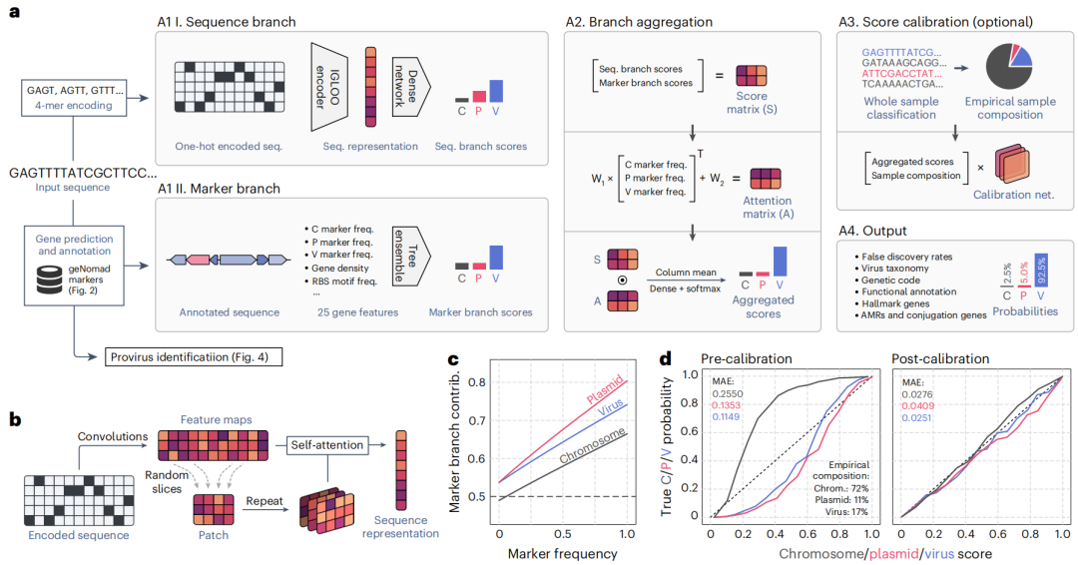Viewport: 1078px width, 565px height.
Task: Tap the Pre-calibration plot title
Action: point(746,358)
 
